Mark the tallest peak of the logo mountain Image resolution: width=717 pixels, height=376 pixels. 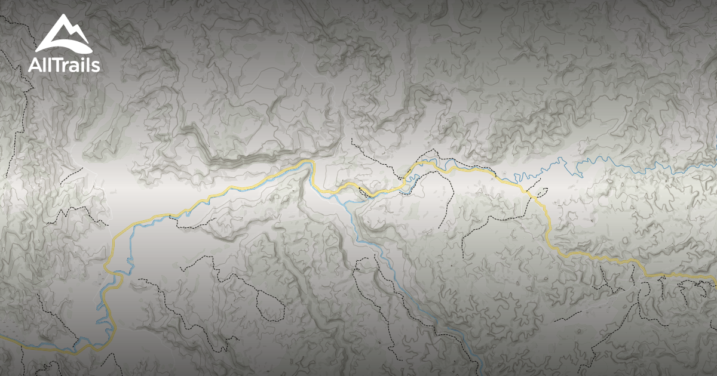(65, 18)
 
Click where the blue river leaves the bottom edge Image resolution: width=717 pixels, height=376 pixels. (482, 374)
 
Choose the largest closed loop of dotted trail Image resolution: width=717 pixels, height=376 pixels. (263, 298)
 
